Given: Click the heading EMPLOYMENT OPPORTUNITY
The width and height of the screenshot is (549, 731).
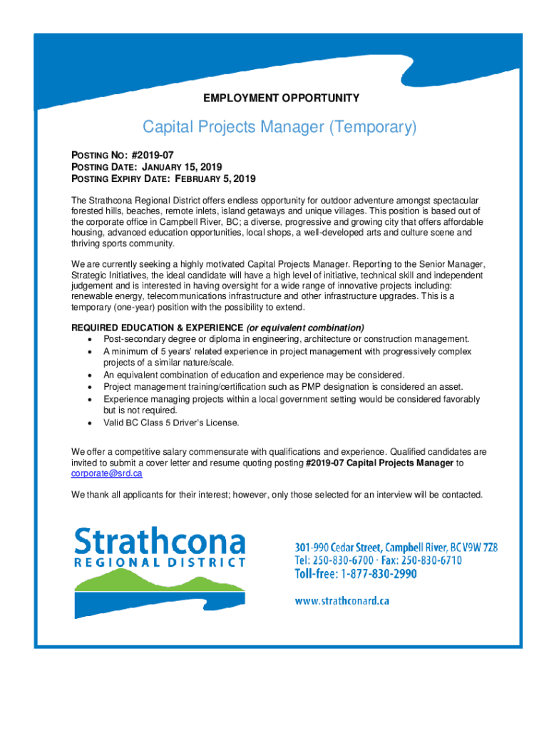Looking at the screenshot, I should (282, 98).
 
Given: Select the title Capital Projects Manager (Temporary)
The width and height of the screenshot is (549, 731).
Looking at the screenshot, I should (279, 128).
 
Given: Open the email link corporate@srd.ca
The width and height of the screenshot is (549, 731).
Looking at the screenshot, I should (106, 473).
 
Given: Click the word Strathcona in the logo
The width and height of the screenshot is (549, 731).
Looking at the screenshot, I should (160, 543).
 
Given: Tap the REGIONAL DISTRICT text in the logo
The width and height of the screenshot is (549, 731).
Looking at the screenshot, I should (160, 562).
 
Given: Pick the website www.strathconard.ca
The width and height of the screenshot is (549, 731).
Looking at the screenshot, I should (342, 601).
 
